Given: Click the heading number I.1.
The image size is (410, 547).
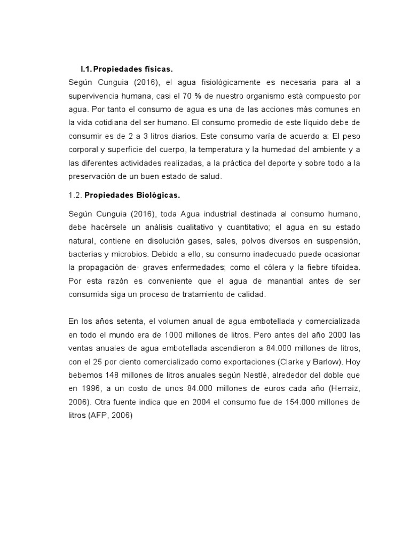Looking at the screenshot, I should point(86,69).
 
